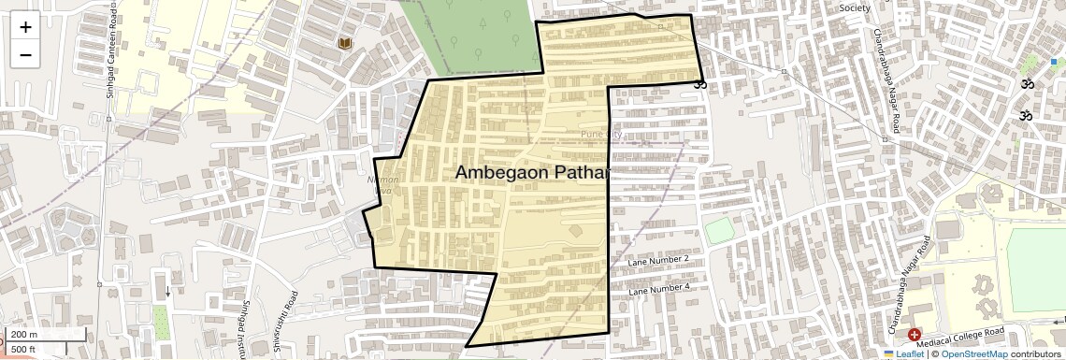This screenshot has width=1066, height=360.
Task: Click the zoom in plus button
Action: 25,27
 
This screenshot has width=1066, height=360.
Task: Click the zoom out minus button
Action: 25,54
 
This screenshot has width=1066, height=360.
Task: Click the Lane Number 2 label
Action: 659,259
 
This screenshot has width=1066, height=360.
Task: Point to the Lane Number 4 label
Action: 659,289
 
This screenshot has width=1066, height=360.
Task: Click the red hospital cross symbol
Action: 915,334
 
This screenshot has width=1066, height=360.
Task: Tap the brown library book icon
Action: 345,44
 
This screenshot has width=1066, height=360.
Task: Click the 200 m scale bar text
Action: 24,335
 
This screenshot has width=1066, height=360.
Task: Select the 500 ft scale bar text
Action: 24,349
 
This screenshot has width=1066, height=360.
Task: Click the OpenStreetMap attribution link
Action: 973,353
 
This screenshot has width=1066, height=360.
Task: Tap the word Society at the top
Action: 854,7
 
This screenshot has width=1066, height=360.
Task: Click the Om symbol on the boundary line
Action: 700,84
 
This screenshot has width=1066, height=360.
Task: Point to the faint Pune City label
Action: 600,135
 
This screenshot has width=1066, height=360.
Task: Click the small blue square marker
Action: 1054,62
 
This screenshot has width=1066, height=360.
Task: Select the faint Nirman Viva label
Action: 386,185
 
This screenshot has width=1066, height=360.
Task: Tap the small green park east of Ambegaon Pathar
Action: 719,230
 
